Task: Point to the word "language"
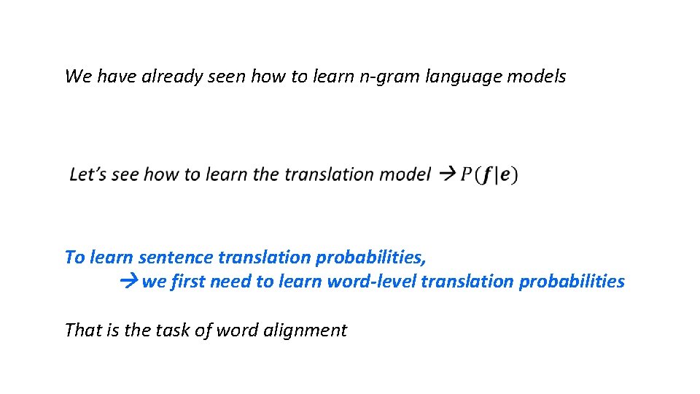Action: pyautogui.click(x=456, y=77)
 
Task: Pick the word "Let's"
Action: pyautogui.click(x=87, y=174)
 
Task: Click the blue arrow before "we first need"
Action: pyautogui.click(x=129, y=282)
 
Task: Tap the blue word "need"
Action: pyautogui.click(x=230, y=282)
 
